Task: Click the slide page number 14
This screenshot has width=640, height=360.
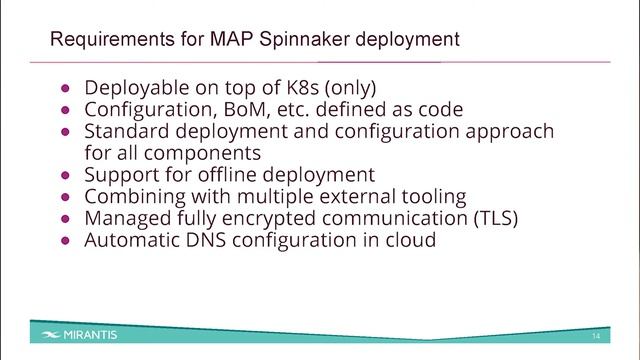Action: (596, 334)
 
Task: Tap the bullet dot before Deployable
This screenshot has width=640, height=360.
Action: (66, 88)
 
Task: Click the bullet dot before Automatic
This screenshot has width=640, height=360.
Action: (66, 240)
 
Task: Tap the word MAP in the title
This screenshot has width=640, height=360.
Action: (231, 41)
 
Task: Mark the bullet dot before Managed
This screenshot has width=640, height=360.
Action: (66, 218)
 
